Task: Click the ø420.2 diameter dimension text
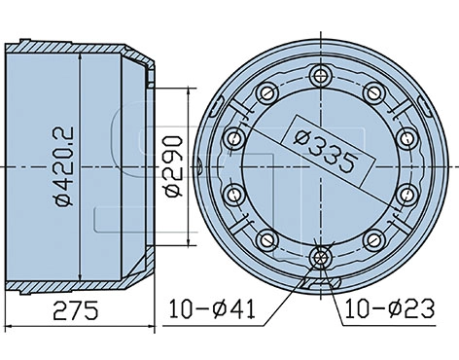point(63,166)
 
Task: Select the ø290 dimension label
point(173,166)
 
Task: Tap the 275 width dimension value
point(76,310)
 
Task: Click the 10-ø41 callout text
point(212,308)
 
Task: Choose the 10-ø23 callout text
point(389,308)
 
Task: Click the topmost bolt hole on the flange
point(321,76)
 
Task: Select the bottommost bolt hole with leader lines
point(321,258)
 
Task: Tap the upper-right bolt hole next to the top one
point(374,93)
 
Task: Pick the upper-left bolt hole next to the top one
point(267,93)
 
